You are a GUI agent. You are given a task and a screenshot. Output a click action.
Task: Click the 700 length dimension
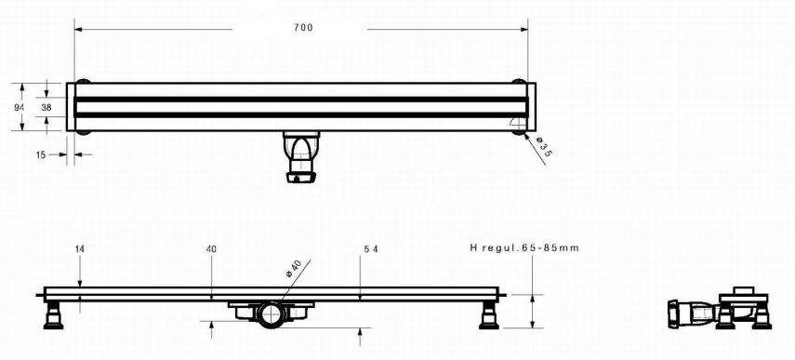tap(303, 28)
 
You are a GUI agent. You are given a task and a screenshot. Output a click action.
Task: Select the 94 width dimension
tap(19, 108)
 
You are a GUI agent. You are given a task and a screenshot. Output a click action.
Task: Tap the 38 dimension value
tap(46, 108)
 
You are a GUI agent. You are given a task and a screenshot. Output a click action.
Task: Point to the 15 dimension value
tap(41, 155)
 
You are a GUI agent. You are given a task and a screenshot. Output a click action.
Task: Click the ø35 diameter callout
tap(543, 146)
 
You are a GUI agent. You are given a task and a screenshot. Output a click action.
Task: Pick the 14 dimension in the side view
tap(80, 248)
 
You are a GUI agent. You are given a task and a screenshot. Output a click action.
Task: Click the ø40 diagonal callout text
tap(294, 268)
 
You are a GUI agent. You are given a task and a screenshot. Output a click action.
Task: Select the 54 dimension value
tap(371, 249)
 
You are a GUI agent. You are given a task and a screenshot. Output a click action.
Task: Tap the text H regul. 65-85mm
tap(524, 248)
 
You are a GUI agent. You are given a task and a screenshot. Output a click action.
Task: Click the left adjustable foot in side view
tap(53, 314)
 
